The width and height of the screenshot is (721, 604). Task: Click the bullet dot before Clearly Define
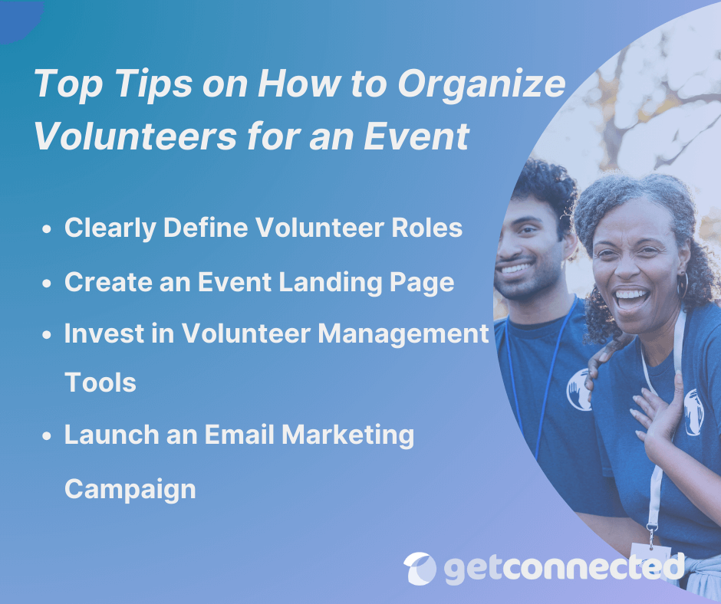pyautogui.click(x=48, y=229)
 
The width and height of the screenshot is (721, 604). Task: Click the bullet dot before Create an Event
pyautogui.click(x=48, y=284)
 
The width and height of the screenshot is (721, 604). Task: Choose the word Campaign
pyautogui.click(x=130, y=488)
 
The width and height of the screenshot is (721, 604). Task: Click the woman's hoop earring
pyautogui.click(x=682, y=286)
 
